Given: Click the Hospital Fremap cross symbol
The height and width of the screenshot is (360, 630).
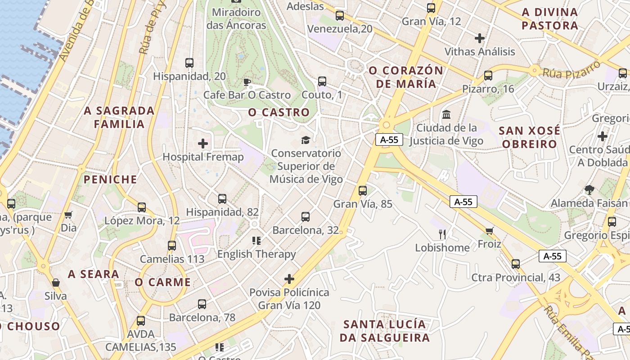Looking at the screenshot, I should pos(203,144).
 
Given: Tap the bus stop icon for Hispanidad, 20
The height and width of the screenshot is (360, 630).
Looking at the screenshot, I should pos(189,63).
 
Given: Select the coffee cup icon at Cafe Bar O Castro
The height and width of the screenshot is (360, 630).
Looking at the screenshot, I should pos(247,82).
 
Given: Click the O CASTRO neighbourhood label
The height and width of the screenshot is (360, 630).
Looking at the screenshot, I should pos(279,112).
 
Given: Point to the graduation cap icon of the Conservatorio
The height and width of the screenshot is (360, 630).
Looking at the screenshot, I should pos(306,140).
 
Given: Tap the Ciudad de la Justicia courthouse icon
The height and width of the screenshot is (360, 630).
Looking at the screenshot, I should pos(446,115).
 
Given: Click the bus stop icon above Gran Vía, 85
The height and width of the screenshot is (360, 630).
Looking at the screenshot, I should pos(363,190).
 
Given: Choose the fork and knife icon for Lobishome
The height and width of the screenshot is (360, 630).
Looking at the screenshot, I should pos(442,234).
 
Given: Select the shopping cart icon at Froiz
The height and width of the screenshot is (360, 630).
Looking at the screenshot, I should pos(490,231).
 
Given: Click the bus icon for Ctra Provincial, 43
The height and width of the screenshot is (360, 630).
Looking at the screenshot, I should pos(516,264).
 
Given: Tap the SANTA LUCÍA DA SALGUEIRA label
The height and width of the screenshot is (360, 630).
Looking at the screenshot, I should pos(385,331).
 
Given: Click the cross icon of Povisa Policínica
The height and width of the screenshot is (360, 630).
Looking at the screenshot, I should pos(289,279).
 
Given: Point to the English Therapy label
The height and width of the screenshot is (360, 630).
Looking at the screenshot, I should pos(256,254).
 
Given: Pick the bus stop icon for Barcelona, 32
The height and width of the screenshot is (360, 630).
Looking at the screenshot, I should pos(306,217).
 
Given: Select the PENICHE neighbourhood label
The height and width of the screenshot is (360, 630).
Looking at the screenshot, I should pos(110,180).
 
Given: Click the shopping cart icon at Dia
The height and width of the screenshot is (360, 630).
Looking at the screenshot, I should pos(68,215).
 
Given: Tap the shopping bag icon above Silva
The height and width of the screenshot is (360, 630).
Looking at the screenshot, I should pos(56,283).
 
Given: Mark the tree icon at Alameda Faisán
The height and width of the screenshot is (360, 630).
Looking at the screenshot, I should pos(589,190).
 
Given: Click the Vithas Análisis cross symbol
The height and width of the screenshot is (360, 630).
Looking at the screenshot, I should pos(480,38).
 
